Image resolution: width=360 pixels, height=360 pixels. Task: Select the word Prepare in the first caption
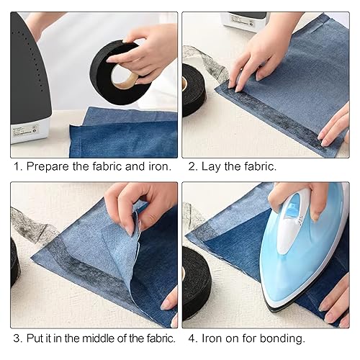[x=49, y=167]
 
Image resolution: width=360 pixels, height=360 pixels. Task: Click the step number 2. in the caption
[x=192, y=167]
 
